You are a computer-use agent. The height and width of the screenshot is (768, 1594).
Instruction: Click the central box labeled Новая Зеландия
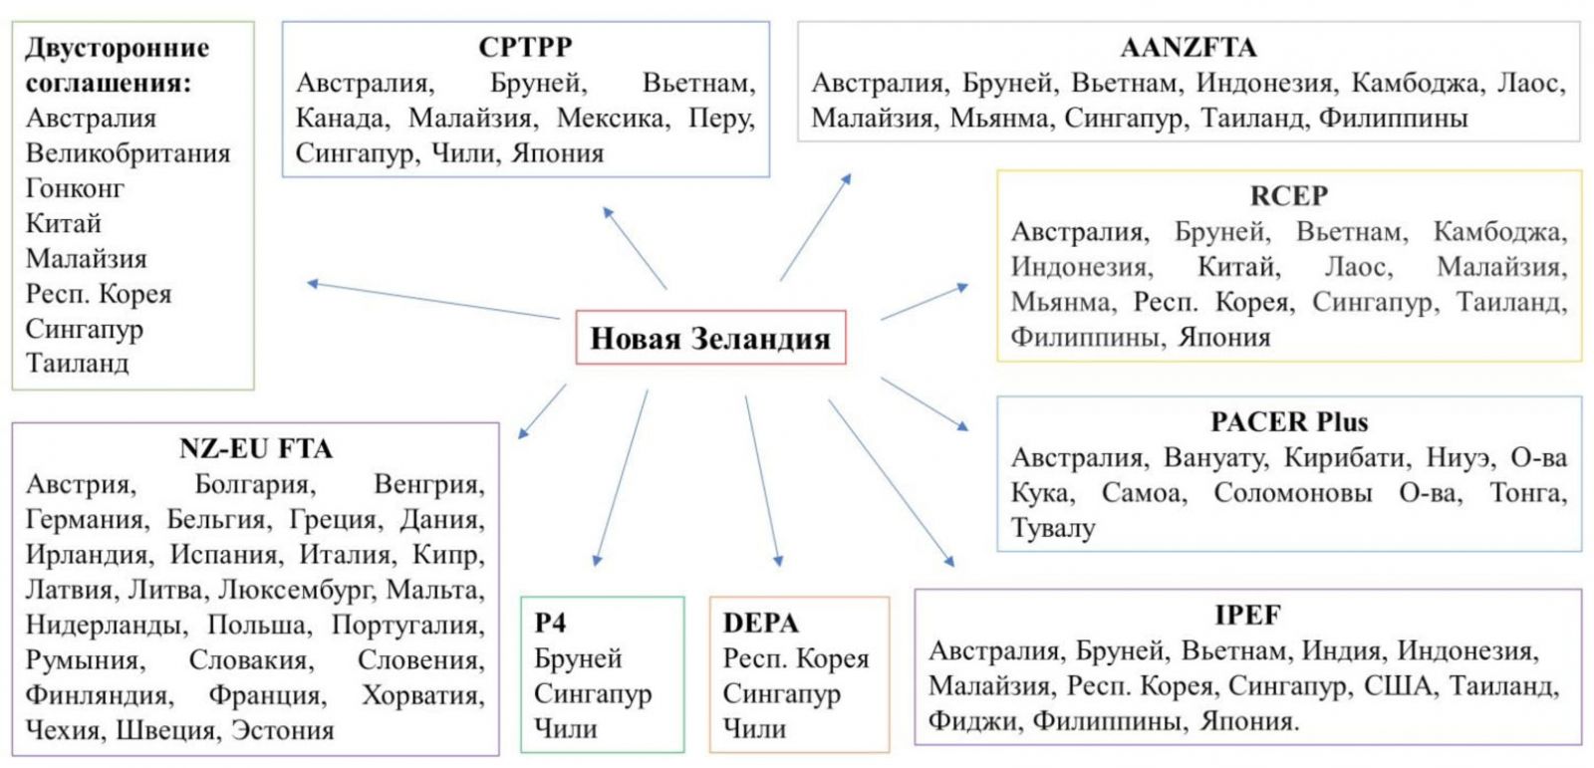[x=711, y=338]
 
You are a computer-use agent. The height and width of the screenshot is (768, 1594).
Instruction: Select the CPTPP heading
[x=525, y=47]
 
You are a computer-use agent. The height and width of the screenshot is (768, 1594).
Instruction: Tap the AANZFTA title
[x=1189, y=48]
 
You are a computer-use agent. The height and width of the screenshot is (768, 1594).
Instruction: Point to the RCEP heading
[x=1289, y=196]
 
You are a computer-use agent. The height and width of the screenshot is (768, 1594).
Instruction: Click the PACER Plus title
[x=1289, y=422]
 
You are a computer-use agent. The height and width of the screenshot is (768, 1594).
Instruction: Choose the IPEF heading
[x=1247, y=615]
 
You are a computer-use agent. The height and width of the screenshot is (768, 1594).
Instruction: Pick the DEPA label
[x=761, y=624]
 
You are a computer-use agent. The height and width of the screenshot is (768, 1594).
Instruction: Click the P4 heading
[x=550, y=624]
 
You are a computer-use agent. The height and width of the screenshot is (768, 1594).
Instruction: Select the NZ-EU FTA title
[x=255, y=449]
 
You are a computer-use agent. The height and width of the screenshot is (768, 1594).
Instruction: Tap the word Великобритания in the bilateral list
[x=129, y=153]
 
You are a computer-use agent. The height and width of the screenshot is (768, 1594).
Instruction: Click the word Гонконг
[x=75, y=188]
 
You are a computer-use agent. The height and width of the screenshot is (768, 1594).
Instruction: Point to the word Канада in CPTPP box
[x=343, y=118]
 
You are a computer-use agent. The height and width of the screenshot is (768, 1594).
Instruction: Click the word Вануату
[x=1215, y=457]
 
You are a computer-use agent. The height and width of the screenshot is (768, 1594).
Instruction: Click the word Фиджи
[x=972, y=721]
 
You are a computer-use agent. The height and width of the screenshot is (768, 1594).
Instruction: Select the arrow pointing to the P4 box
[x=622, y=477]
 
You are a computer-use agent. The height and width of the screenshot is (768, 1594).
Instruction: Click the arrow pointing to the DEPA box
[x=763, y=481]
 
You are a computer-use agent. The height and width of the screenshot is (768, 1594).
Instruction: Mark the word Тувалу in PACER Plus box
[x=1053, y=528]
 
